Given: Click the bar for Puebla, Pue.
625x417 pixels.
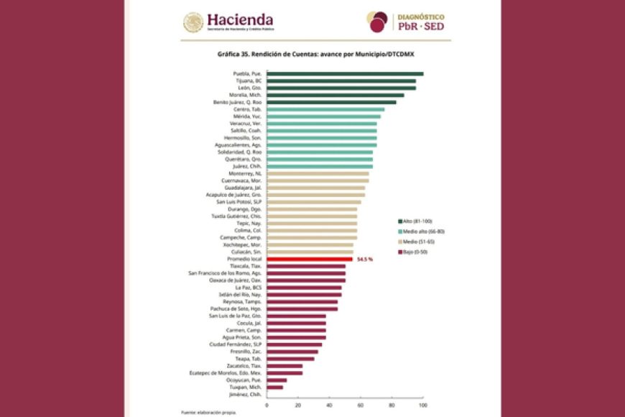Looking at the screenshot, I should coord(345,73).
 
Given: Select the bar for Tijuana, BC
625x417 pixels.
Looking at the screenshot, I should coord(341,81).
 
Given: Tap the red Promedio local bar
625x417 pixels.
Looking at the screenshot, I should coord(310,259).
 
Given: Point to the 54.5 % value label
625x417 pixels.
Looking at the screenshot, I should coord(364,259).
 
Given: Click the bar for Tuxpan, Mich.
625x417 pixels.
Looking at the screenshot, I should coord(274,387).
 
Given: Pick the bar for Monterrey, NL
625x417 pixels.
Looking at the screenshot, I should coord(318,173).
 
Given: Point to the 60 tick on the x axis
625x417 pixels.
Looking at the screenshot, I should coord(360,405).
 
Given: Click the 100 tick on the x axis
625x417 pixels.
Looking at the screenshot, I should coord(422,405).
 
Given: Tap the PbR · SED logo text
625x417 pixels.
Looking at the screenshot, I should coord(420,27).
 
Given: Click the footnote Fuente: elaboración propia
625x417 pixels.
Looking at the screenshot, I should coord(208,413).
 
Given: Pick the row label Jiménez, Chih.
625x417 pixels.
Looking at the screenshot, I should coord(245,394).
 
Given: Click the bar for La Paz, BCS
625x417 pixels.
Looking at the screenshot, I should coord(304,287).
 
